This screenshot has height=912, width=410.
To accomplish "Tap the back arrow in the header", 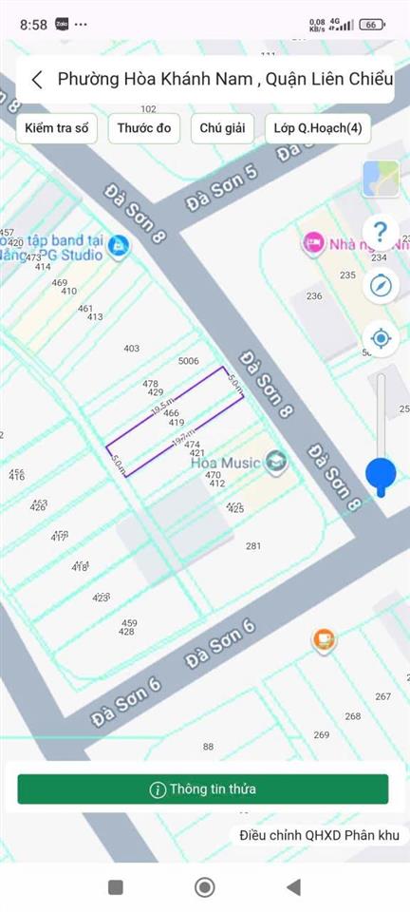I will [x=37, y=80].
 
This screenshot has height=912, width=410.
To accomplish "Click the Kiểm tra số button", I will [x=57, y=128].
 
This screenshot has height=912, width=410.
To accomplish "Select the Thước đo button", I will [x=144, y=128].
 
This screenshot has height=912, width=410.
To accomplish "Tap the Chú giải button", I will [x=222, y=128].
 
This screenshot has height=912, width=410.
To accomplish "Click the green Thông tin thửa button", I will [x=202, y=788].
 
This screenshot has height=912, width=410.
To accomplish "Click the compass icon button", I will [x=381, y=285].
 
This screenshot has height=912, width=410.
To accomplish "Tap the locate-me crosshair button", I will [x=381, y=337].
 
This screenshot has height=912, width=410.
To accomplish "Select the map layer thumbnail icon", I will [x=381, y=179].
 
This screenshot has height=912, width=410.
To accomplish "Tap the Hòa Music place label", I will [x=225, y=463].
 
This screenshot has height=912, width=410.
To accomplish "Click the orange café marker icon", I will [x=325, y=640].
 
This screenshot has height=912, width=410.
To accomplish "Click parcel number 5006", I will [x=188, y=361].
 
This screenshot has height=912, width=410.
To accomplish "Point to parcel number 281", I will [x=253, y=545].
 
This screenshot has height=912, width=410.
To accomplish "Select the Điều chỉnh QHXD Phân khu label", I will [x=320, y=835].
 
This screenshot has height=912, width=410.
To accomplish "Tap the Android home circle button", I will [x=204, y=887].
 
